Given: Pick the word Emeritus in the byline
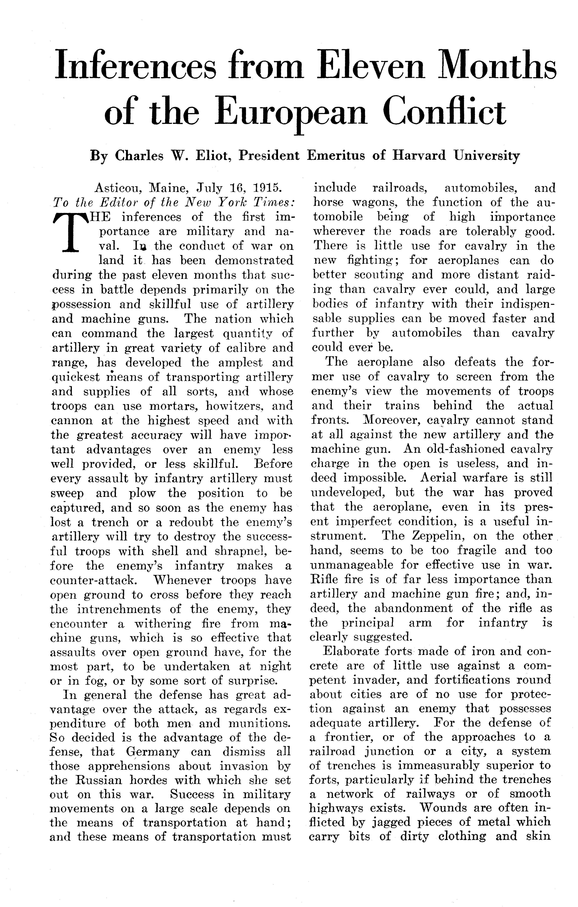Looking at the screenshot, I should [x=336, y=156].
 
